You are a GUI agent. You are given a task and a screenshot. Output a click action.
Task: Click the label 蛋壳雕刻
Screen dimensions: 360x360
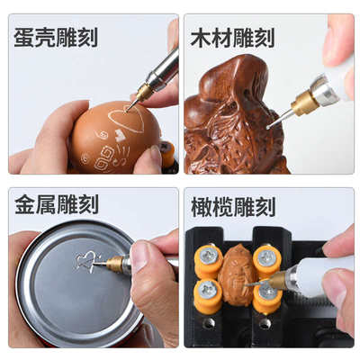(x=56, y=37)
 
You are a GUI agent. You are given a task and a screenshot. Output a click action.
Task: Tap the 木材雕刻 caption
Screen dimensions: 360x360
(x=232, y=37)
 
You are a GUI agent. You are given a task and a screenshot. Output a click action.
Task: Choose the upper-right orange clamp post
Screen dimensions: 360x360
(x=267, y=259)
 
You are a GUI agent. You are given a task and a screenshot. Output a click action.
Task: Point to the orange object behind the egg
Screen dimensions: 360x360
(x=167, y=154)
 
